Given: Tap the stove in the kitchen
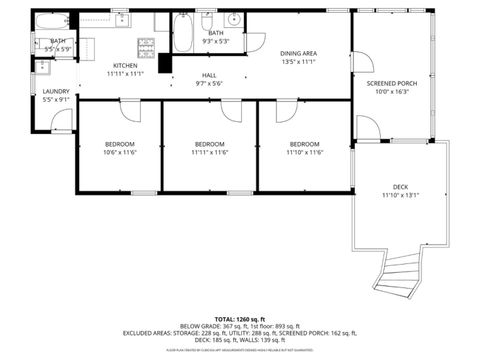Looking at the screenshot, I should [x=146, y=44].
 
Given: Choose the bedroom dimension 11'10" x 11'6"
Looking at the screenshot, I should [x=304, y=152].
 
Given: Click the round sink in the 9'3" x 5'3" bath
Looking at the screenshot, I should [x=233, y=20].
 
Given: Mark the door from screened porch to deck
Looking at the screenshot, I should [x=366, y=128].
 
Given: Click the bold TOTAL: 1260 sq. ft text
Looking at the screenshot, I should [x=240, y=316].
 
